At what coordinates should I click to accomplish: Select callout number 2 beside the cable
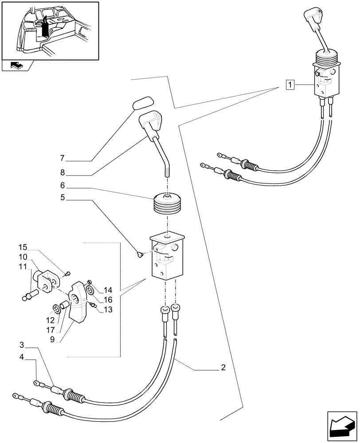point(223,367)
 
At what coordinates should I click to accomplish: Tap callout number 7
point(63,158)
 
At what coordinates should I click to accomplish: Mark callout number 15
point(23,246)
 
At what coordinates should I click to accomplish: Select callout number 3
point(21,345)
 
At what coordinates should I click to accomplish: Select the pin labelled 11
point(29,295)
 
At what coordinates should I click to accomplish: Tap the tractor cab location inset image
point(50,31)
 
